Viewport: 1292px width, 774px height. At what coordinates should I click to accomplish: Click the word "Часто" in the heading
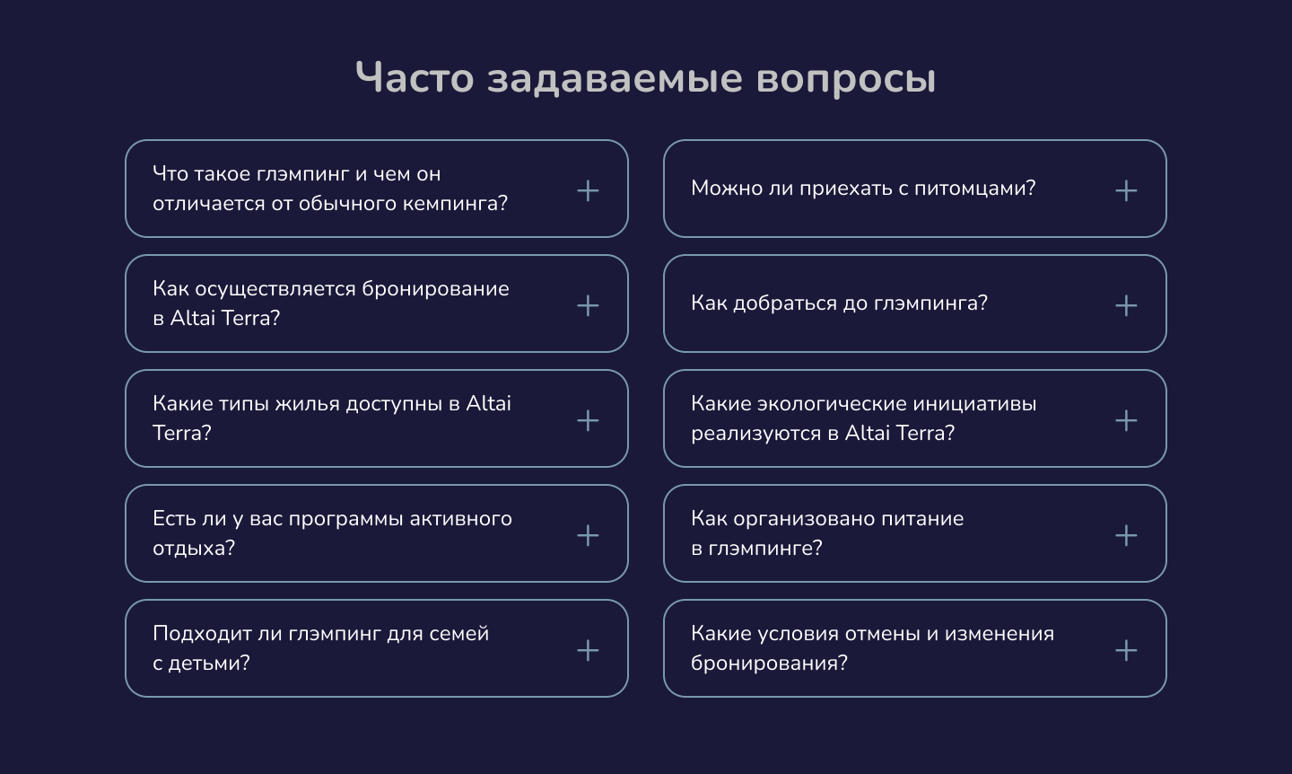[x=415, y=77]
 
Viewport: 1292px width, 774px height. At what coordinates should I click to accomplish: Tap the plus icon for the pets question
[x=1126, y=190]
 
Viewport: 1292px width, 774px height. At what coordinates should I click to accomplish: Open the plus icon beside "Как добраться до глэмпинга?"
[x=1126, y=305]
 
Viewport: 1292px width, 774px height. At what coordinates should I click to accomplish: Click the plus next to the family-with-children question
[x=588, y=650]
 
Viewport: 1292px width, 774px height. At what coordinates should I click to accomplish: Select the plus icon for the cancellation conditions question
[x=1126, y=650]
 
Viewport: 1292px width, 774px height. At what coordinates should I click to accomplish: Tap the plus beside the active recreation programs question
[x=588, y=535]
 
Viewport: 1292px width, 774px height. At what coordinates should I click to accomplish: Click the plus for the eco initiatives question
[x=1126, y=420]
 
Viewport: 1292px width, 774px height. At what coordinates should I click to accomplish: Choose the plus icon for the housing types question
[x=588, y=420]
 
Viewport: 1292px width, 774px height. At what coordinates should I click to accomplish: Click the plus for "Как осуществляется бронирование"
[x=588, y=305]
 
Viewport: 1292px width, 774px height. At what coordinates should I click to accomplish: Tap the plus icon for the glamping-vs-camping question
[x=588, y=190]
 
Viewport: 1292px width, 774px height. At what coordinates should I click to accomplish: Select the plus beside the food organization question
[x=1126, y=535]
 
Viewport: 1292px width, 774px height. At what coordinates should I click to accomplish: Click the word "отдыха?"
[x=194, y=549]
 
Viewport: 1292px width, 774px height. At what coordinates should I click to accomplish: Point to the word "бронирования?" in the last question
[x=769, y=664]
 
